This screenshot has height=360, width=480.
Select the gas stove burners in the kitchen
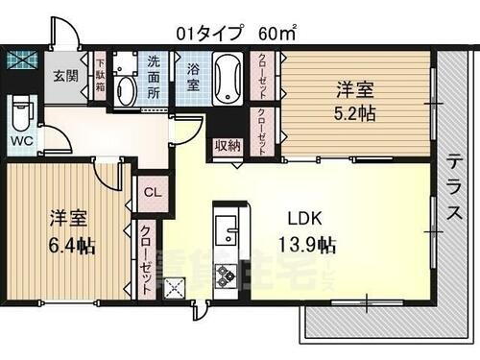[226, 276]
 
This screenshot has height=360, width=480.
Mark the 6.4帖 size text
[72, 246]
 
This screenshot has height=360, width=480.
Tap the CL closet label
[153, 191]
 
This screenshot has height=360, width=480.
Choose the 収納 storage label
[227, 146]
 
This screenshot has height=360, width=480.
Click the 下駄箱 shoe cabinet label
[99, 76]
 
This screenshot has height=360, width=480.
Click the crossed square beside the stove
[175, 287]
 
